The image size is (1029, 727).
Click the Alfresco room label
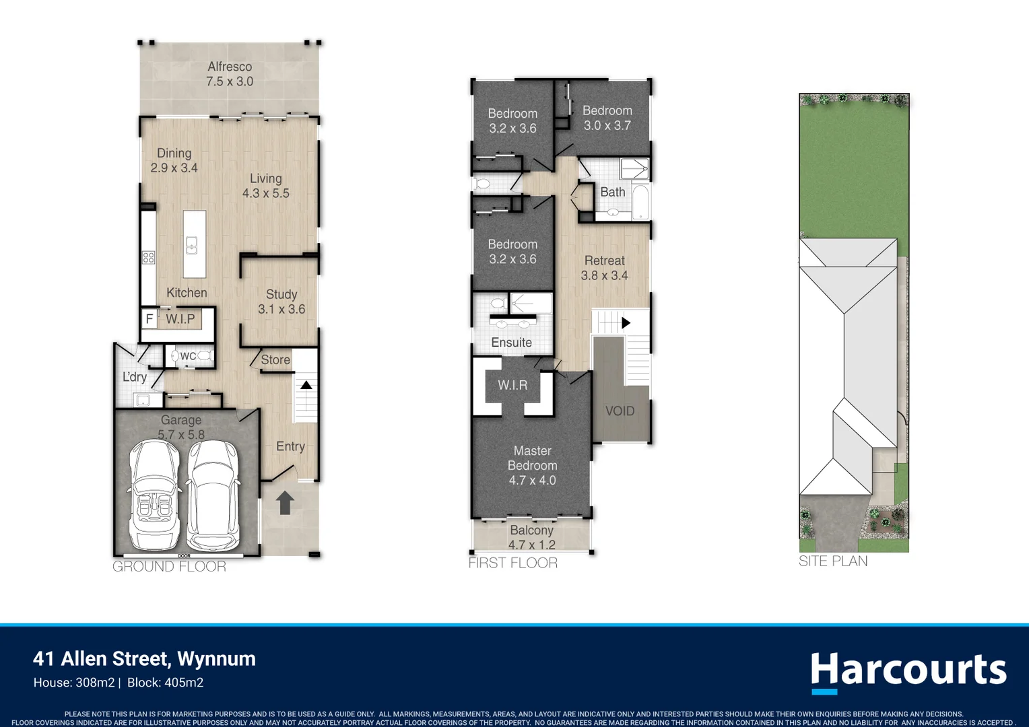click(x=230, y=67)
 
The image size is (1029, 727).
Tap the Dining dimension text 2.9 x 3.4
click(x=174, y=168)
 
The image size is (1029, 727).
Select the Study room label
click(x=281, y=294)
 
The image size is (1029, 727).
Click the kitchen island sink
click(x=192, y=245)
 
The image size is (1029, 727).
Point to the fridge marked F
click(x=150, y=318)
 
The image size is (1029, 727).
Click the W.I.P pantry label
click(x=180, y=319)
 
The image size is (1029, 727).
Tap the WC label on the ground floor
click(x=188, y=356)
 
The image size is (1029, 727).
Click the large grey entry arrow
click(x=285, y=502)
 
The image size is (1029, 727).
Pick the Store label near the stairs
click(x=275, y=360)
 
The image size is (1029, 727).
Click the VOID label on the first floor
click(x=620, y=411)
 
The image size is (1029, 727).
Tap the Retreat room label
click(x=604, y=261)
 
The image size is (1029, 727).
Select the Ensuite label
click(x=511, y=343)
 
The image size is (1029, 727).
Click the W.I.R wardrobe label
click(x=512, y=385)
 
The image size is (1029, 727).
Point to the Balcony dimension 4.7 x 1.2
click(x=531, y=545)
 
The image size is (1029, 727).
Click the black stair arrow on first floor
click(x=626, y=323)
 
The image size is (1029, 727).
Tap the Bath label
click(x=612, y=193)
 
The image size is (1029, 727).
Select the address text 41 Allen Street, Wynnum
click(x=145, y=658)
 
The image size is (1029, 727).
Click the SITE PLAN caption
click(x=833, y=561)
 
